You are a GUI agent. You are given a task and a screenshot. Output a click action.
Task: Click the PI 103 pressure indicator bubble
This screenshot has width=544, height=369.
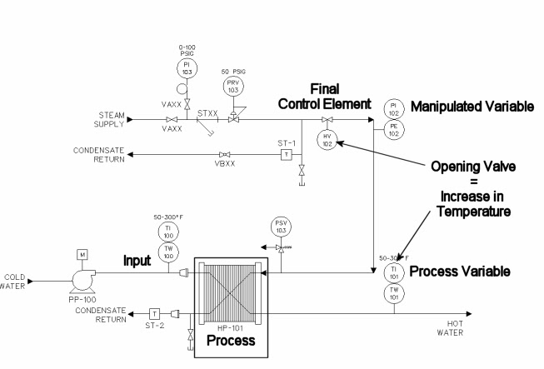pos(184,67)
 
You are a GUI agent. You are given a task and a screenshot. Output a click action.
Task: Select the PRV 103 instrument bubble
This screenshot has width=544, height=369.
pos(232,86)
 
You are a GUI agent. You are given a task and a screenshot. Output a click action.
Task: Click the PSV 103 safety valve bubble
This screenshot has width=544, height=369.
pos(282,227)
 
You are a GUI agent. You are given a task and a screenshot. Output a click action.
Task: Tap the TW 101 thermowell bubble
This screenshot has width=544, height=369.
pos(392,292)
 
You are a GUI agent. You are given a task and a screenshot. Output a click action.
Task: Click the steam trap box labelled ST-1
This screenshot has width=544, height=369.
pos(286,154)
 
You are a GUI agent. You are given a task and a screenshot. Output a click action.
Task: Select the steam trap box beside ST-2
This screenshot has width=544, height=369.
pos(154,312)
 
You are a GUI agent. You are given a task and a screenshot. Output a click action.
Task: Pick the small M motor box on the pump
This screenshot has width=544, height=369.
pos(82,253)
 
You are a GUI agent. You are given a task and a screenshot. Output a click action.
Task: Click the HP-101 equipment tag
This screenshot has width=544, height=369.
pos(225,329)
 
